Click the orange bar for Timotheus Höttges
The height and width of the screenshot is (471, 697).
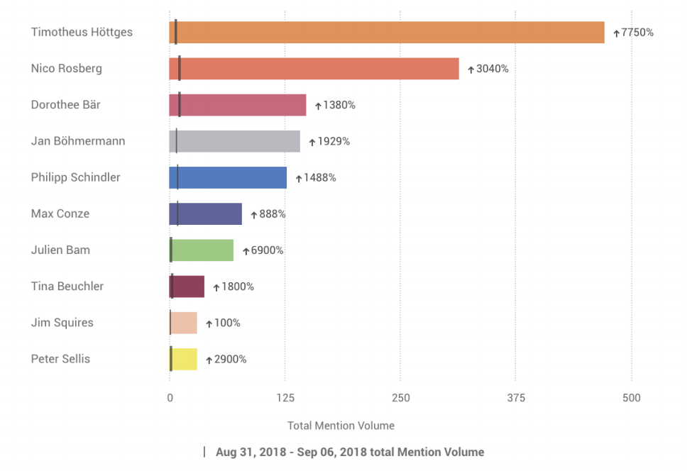387,33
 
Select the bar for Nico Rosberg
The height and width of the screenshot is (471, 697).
314,69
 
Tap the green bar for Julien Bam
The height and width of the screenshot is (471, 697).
202,250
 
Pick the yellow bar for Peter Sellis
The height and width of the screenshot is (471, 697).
183,359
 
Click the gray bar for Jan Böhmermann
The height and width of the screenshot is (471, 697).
234,141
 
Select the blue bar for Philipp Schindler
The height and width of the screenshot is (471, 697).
228,177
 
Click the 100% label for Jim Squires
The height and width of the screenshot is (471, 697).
227,323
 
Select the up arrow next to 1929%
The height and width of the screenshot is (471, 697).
312,142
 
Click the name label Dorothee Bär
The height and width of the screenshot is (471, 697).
66,105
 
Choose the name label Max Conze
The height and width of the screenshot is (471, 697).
60,214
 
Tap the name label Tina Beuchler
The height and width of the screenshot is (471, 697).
67,287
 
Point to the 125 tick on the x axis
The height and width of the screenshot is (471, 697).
285,398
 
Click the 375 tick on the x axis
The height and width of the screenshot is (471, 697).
516,398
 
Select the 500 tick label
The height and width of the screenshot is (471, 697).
632,398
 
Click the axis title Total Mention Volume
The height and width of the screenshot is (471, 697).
341,426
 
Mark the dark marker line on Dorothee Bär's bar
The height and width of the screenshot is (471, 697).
180,105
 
